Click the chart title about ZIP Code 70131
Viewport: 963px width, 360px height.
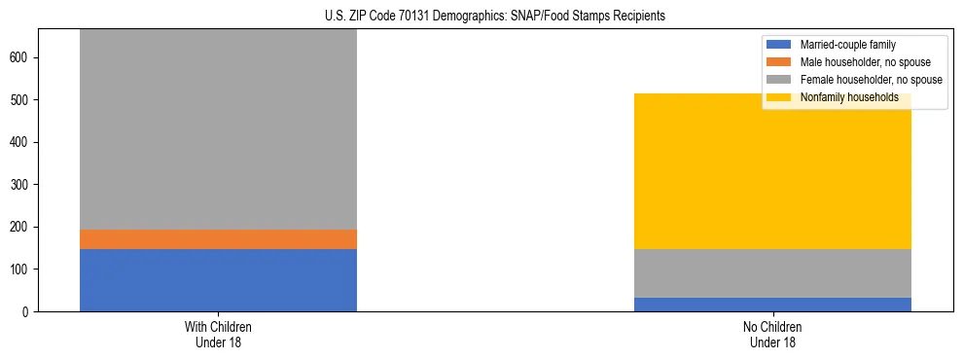click(495, 17)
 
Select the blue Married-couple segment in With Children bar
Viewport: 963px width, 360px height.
click(218, 280)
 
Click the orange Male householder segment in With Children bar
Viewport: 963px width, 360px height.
click(218, 239)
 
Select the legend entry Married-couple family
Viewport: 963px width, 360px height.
click(847, 45)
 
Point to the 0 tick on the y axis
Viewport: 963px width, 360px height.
click(27, 311)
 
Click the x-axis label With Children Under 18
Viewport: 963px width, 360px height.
click(218, 335)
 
